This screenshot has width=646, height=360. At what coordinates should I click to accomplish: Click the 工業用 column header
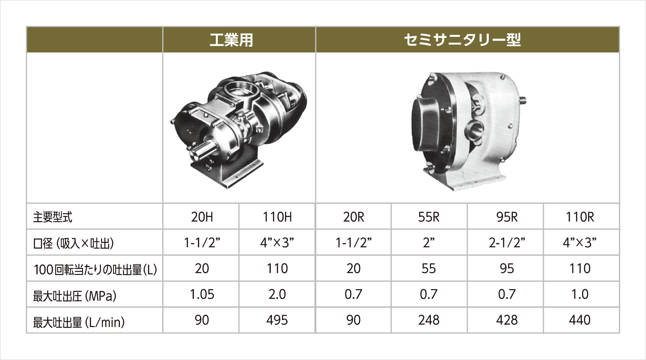coord(231,40)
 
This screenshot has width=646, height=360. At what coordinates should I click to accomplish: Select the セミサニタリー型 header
coord(462,40)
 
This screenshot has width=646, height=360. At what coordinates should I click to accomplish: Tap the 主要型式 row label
coord(53,217)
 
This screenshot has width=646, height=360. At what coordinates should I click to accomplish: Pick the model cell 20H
coord(202,217)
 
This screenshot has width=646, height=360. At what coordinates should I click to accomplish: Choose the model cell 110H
coord(277,217)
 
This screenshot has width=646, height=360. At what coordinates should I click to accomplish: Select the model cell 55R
coord(429,217)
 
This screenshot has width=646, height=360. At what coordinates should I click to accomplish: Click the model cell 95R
coord(507,217)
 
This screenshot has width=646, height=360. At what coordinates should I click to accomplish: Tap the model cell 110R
coord(580,217)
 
